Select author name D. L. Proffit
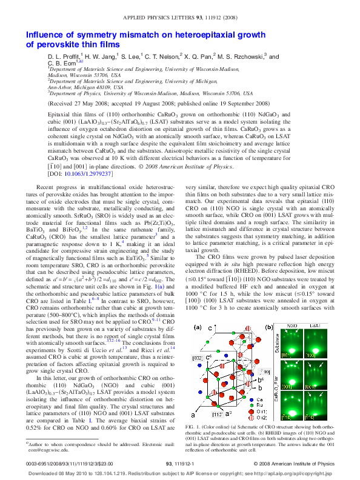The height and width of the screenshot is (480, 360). (x=67, y=57)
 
